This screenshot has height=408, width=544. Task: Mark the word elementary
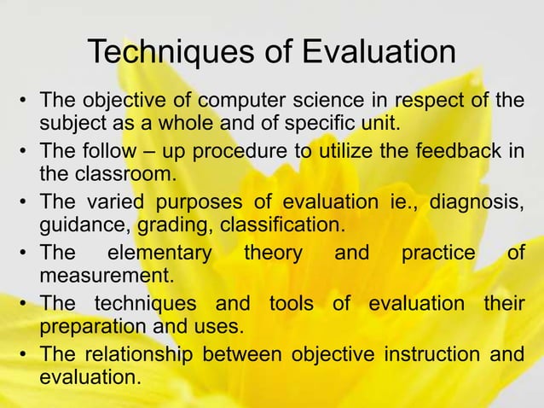(158, 254)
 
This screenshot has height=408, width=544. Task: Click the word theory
(271, 254)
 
